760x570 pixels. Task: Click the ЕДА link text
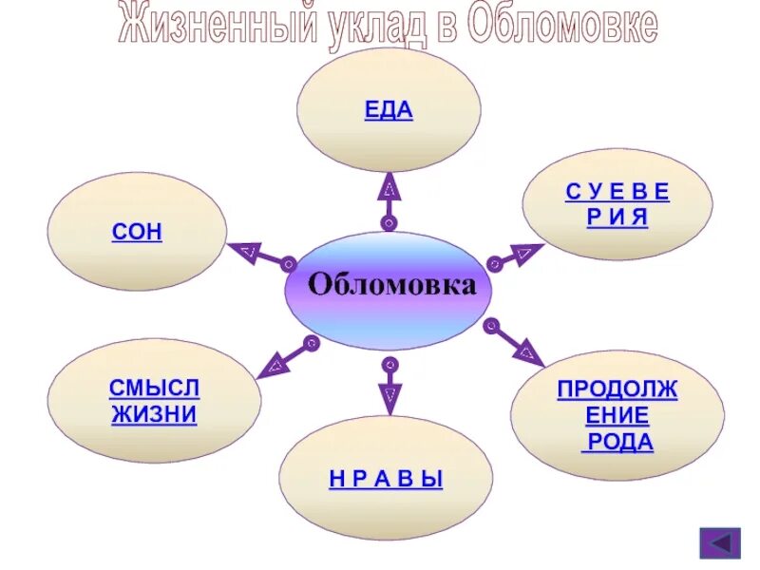389,109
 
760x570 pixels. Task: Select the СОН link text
137,233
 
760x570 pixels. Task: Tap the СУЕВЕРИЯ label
617,204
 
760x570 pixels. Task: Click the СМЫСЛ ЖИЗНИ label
154,401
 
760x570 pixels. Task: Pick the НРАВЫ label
387,480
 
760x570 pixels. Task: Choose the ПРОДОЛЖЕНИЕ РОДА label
617,415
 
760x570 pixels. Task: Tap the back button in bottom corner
719,543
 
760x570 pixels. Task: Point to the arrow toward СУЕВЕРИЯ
516,256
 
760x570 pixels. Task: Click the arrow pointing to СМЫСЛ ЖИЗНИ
286,355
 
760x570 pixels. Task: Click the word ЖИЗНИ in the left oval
154,415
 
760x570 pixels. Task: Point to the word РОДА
617,442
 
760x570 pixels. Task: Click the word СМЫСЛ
155,388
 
